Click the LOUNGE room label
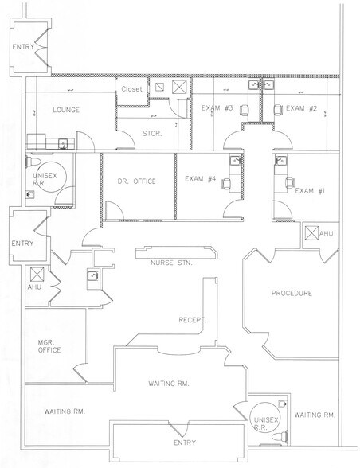(x=65, y=109)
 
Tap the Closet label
(x=131, y=89)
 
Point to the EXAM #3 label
(x=216, y=107)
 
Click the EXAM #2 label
(x=301, y=107)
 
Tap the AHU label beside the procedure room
(x=327, y=233)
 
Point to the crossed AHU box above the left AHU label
(x=35, y=274)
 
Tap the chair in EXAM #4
(x=225, y=183)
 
